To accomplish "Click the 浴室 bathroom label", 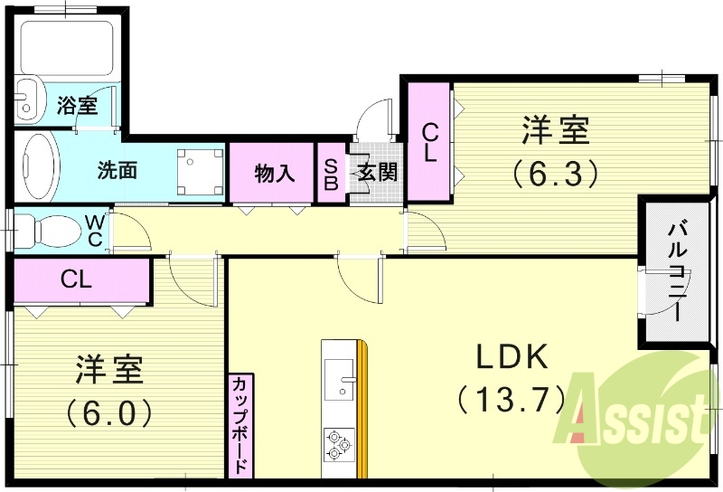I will [77, 105].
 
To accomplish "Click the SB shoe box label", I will [331, 173].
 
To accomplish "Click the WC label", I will [95, 231].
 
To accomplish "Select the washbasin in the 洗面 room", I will [37, 166].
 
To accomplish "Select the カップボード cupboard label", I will [240, 425].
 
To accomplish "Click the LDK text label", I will [512, 357].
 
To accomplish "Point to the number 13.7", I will [512, 397].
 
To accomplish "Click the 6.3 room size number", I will [555, 172].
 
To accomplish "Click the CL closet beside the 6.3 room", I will [428, 142].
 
